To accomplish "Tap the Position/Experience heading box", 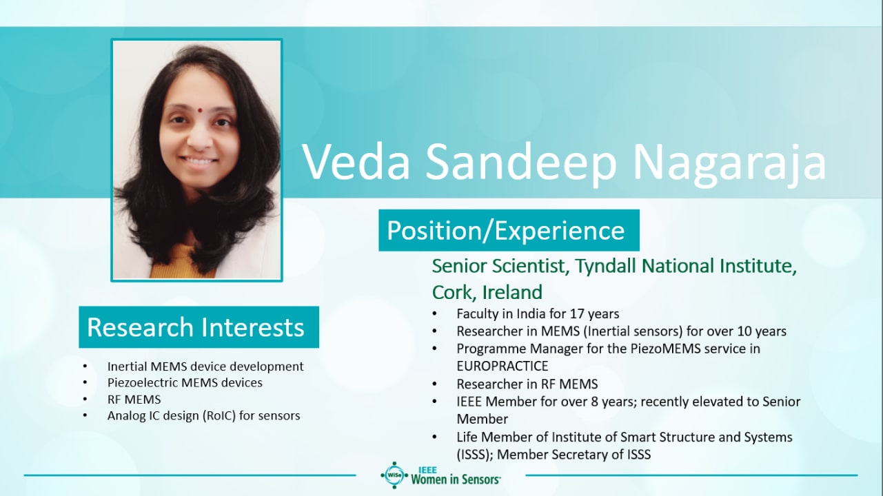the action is point(509,230).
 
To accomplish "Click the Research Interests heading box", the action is point(199,327).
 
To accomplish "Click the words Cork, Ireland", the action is point(487,292).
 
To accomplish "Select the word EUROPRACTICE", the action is point(503,366).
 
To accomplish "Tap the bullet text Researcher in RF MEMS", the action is point(527,384).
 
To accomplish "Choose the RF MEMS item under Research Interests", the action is point(134,400).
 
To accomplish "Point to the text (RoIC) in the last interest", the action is point(219,415).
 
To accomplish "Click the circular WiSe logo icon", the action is point(394,475).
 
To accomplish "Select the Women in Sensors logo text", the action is point(456,479).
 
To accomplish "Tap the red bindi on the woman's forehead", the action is point(201,110).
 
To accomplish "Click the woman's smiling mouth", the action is point(199,161).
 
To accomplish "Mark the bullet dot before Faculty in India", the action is point(434,314).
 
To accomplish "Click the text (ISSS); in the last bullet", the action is point(475,455).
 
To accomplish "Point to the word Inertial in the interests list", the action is point(128,366).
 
